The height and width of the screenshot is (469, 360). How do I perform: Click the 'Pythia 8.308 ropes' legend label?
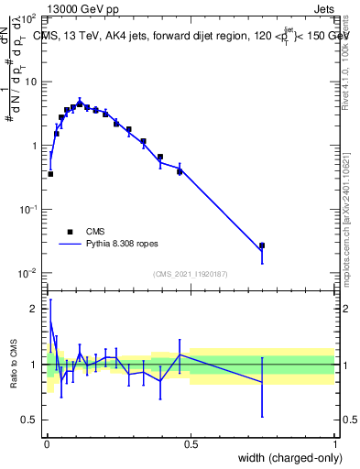123,245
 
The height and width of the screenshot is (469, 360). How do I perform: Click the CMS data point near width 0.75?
262,245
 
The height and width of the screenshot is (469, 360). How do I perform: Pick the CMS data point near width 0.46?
180,170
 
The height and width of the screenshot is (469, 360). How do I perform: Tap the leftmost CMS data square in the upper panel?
50,173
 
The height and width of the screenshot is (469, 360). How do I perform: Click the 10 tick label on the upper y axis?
31,82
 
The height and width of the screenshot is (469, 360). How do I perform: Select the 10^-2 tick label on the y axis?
28,274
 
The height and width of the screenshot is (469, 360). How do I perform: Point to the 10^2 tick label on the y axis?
28,18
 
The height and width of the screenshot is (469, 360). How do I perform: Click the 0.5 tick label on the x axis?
191,445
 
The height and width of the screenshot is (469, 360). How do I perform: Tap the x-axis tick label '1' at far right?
334,445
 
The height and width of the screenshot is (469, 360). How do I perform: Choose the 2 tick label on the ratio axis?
36,309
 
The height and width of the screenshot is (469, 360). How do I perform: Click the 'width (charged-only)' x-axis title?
286,459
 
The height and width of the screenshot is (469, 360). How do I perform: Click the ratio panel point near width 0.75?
262,382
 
